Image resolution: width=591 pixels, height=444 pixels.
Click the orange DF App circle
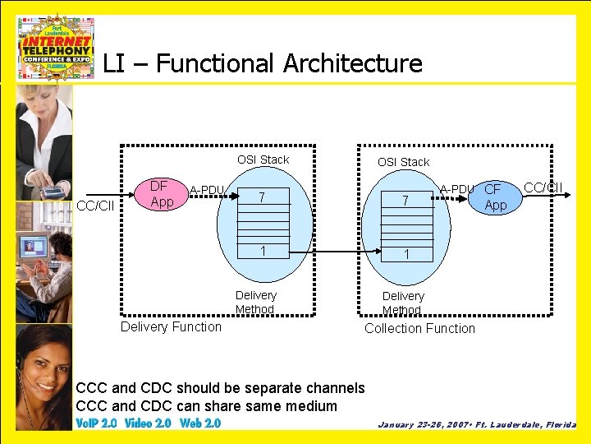[162, 194]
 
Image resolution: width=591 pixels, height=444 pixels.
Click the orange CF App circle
[495, 197]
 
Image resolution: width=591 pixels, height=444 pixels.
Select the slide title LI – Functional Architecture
[263, 63]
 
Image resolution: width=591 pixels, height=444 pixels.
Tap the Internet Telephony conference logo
[56, 48]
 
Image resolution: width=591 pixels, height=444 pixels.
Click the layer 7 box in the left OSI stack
[262, 197]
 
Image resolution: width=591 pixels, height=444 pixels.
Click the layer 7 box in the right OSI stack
[403, 201]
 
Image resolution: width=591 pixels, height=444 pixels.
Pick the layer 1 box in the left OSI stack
[262, 250]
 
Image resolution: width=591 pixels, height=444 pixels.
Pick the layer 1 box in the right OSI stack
[403, 254]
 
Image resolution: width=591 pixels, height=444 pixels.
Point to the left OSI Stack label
[263, 160]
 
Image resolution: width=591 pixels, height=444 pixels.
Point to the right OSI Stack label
[403, 162]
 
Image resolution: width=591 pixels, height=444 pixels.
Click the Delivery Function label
[171, 326]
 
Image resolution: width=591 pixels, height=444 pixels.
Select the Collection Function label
[419, 328]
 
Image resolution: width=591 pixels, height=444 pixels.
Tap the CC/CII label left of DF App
[95, 205]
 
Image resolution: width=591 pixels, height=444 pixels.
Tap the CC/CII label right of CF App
[543, 187]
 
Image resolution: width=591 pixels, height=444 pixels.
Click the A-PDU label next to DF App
[207, 191]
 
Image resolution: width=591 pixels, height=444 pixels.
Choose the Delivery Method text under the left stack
[255, 302]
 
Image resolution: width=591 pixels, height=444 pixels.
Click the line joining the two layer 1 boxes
[332, 251]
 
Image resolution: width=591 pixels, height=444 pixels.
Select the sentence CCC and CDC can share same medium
[206, 406]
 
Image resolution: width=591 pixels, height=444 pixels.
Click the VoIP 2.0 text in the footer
[96, 423]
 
